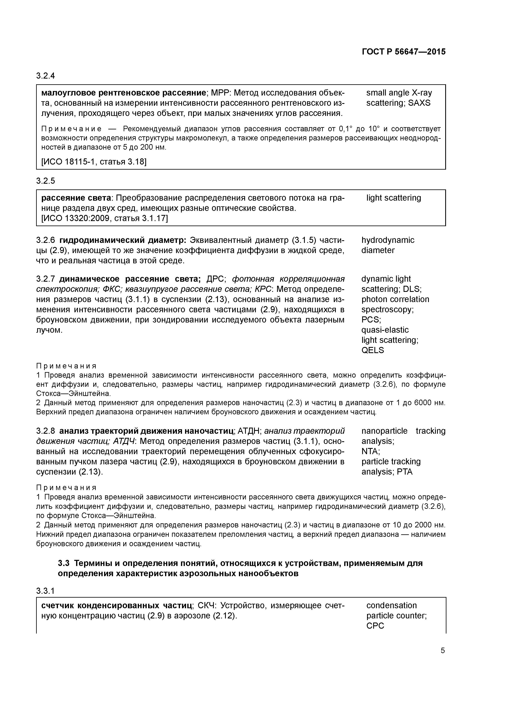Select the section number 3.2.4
[45, 76]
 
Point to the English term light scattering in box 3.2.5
[393, 198]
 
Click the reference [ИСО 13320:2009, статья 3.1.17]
[104, 218]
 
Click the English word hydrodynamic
[388, 240]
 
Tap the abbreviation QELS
[373, 350]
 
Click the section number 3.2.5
[45, 181]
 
